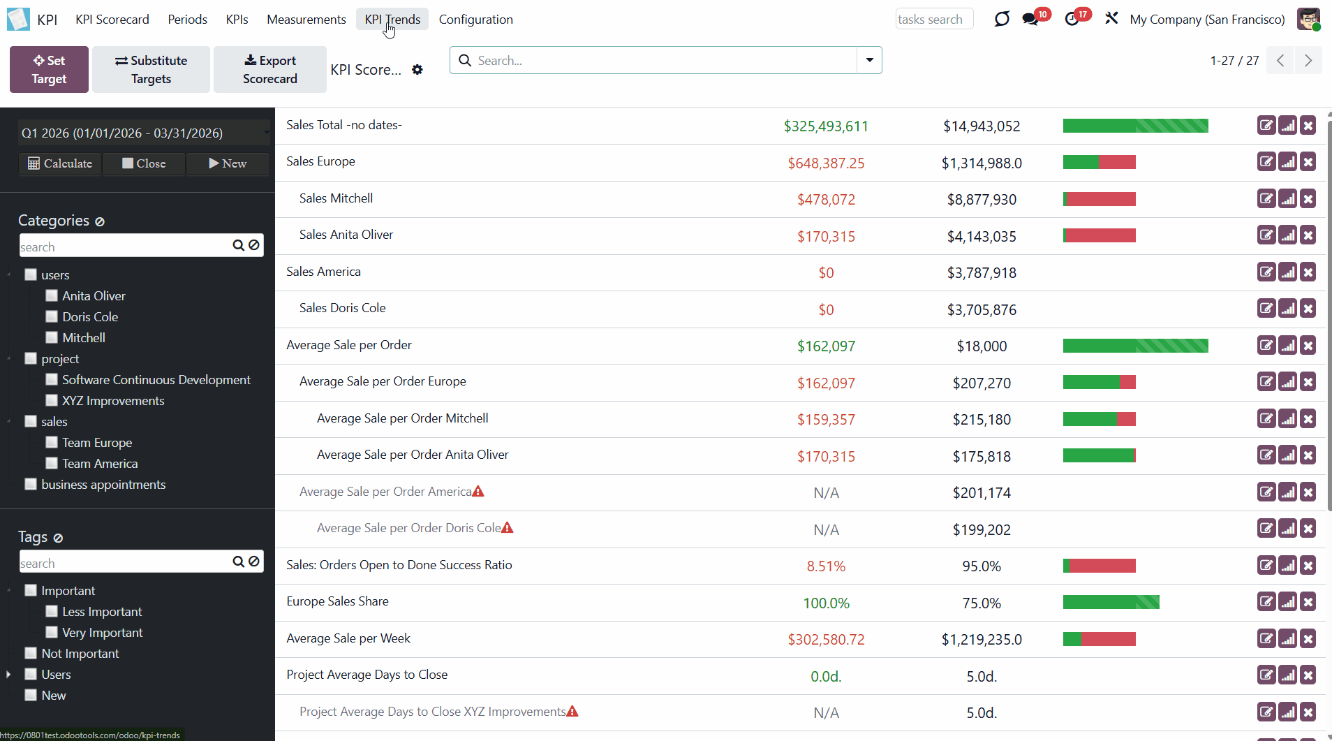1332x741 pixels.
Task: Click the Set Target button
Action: click(49, 70)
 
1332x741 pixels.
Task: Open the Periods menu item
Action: click(187, 20)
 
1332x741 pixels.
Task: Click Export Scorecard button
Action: click(269, 70)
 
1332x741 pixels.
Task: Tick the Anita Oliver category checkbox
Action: click(52, 296)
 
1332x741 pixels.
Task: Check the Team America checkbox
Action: click(52, 464)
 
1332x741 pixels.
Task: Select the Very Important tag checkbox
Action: click(52, 633)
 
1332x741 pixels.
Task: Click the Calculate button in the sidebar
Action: click(60, 163)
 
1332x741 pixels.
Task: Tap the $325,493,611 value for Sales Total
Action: click(826, 126)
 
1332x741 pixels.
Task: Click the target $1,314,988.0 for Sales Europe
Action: click(981, 163)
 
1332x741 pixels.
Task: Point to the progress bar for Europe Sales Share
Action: click(1111, 602)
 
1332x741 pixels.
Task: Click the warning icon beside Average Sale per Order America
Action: click(478, 492)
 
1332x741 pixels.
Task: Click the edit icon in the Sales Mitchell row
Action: click(1266, 199)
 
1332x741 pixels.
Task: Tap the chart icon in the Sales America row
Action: click(1287, 272)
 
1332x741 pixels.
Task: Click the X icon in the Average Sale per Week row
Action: click(1308, 639)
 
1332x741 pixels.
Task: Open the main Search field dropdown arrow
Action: click(869, 60)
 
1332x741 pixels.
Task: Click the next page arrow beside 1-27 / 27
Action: click(1308, 61)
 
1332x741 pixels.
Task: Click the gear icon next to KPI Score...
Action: click(417, 70)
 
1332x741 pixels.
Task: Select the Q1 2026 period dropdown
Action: click(143, 133)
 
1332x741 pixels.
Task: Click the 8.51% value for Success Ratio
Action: click(826, 566)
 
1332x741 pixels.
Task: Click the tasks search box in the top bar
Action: click(933, 20)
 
